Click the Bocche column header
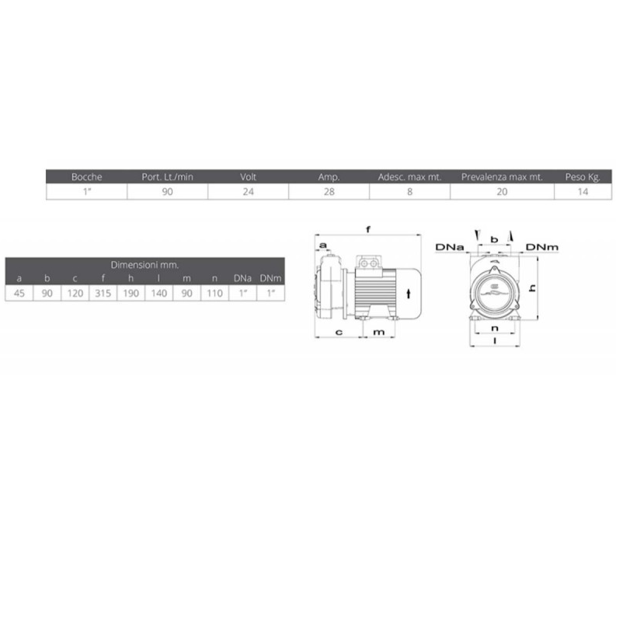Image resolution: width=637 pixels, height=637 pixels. (86, 176)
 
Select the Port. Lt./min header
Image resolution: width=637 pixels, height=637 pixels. (167, 176)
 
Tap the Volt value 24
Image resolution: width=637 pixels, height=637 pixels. (249, 192)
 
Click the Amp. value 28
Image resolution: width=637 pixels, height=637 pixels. (329, 192)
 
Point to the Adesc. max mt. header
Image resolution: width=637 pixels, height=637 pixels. (409, 176)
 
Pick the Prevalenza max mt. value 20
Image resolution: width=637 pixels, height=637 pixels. (502, 192)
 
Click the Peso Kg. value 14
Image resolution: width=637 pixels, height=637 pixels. (583, 192)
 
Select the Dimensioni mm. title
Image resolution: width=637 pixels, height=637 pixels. (144, 265)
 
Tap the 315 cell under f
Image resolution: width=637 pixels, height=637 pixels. (103, 294)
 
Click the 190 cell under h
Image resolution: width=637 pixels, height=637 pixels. (131, 294)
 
